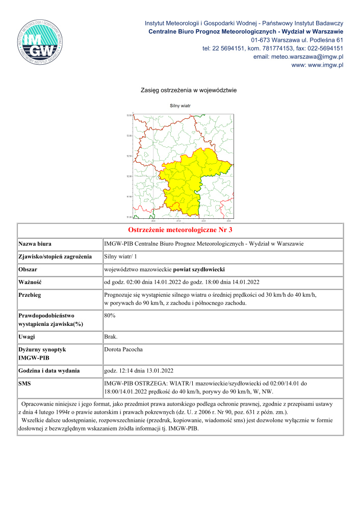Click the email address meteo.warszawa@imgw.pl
coord(298,57)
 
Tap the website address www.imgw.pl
coord(317,65)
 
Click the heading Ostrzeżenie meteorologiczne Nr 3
coord(180,231)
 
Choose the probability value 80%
coord(109,316)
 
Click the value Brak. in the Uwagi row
coord(111,337)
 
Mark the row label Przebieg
coord(30,295)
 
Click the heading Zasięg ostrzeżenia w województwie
coord(189,90)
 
